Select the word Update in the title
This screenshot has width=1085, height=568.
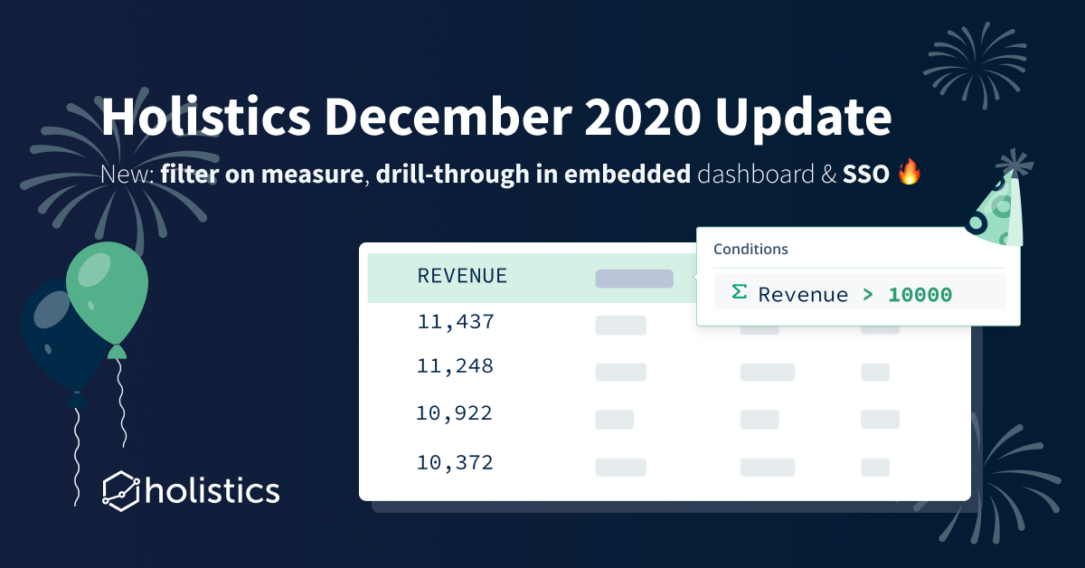click(812, 117)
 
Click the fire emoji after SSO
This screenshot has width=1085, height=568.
click(909, 174)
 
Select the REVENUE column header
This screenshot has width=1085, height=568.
click(462, 277)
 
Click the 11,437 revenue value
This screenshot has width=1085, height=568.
click(456, 322)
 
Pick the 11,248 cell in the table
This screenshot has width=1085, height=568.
click(456, 367)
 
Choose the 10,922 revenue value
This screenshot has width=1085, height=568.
click(455, 413)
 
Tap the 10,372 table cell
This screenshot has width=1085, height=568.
click(455, 463)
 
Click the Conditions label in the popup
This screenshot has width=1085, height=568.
click(750, 249)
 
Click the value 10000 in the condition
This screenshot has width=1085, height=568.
click(920, 295)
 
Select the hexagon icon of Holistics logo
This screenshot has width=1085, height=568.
click(121, 489)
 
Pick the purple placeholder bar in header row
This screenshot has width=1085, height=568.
click(634, 279)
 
